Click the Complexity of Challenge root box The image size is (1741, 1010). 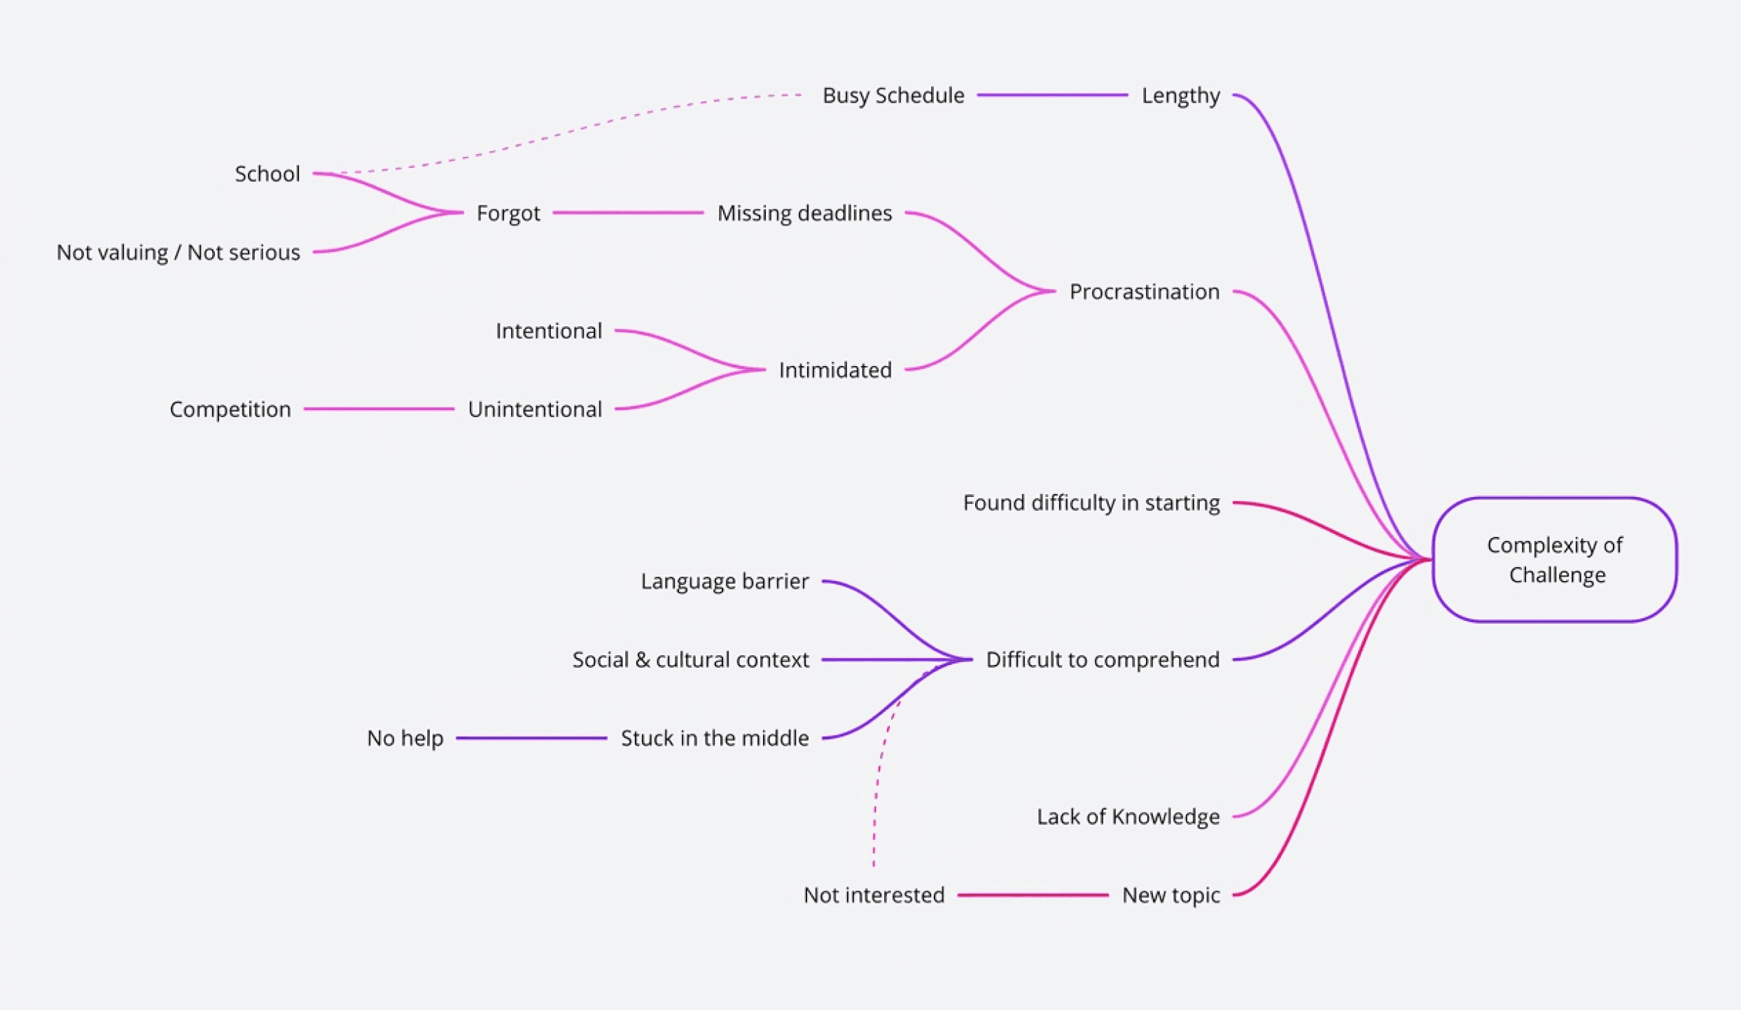coord(1554,559)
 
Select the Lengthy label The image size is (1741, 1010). coord(1180,95)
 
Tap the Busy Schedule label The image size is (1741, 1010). coord(893,95)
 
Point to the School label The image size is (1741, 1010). coord(267,174)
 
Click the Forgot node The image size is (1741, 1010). coord(508,213)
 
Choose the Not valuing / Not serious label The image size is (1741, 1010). coord(178,252)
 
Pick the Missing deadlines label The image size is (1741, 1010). coord(804,213)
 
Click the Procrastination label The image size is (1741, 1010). coord(1144,291)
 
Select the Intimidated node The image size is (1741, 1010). coord(834,370)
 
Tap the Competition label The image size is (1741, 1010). coord(230,409)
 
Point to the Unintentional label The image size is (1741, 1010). coord(534,409)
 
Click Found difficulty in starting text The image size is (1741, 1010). coord(1091,503)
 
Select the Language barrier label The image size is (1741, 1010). coord(724,581)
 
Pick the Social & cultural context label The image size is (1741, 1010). coord(690,659)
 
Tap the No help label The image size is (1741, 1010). coord(405,738)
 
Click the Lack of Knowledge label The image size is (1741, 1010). coord(1128,816)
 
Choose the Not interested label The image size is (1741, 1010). coord(874,895)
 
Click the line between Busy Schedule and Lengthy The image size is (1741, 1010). coord(1052,95)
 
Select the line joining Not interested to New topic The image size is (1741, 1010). coord(1033,895)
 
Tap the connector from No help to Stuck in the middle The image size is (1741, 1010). coord(531,738)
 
